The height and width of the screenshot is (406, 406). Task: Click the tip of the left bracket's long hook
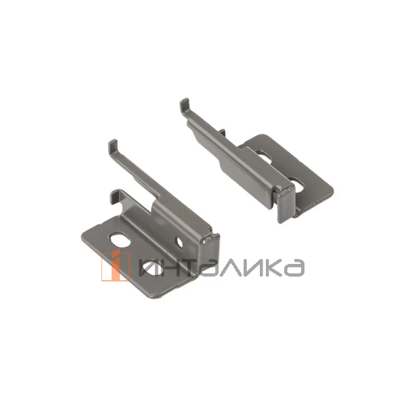coord(113,142)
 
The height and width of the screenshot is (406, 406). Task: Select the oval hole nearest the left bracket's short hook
coord(120,240)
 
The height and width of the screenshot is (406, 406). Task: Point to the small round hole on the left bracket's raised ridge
coord(179,243)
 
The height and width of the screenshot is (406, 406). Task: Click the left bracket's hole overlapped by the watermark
coord(154,267)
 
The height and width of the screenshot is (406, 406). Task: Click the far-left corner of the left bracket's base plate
coord(83,240)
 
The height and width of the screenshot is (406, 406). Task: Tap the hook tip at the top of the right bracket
coord(184,100)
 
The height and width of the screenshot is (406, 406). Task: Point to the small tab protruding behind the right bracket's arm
coord(222,132)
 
